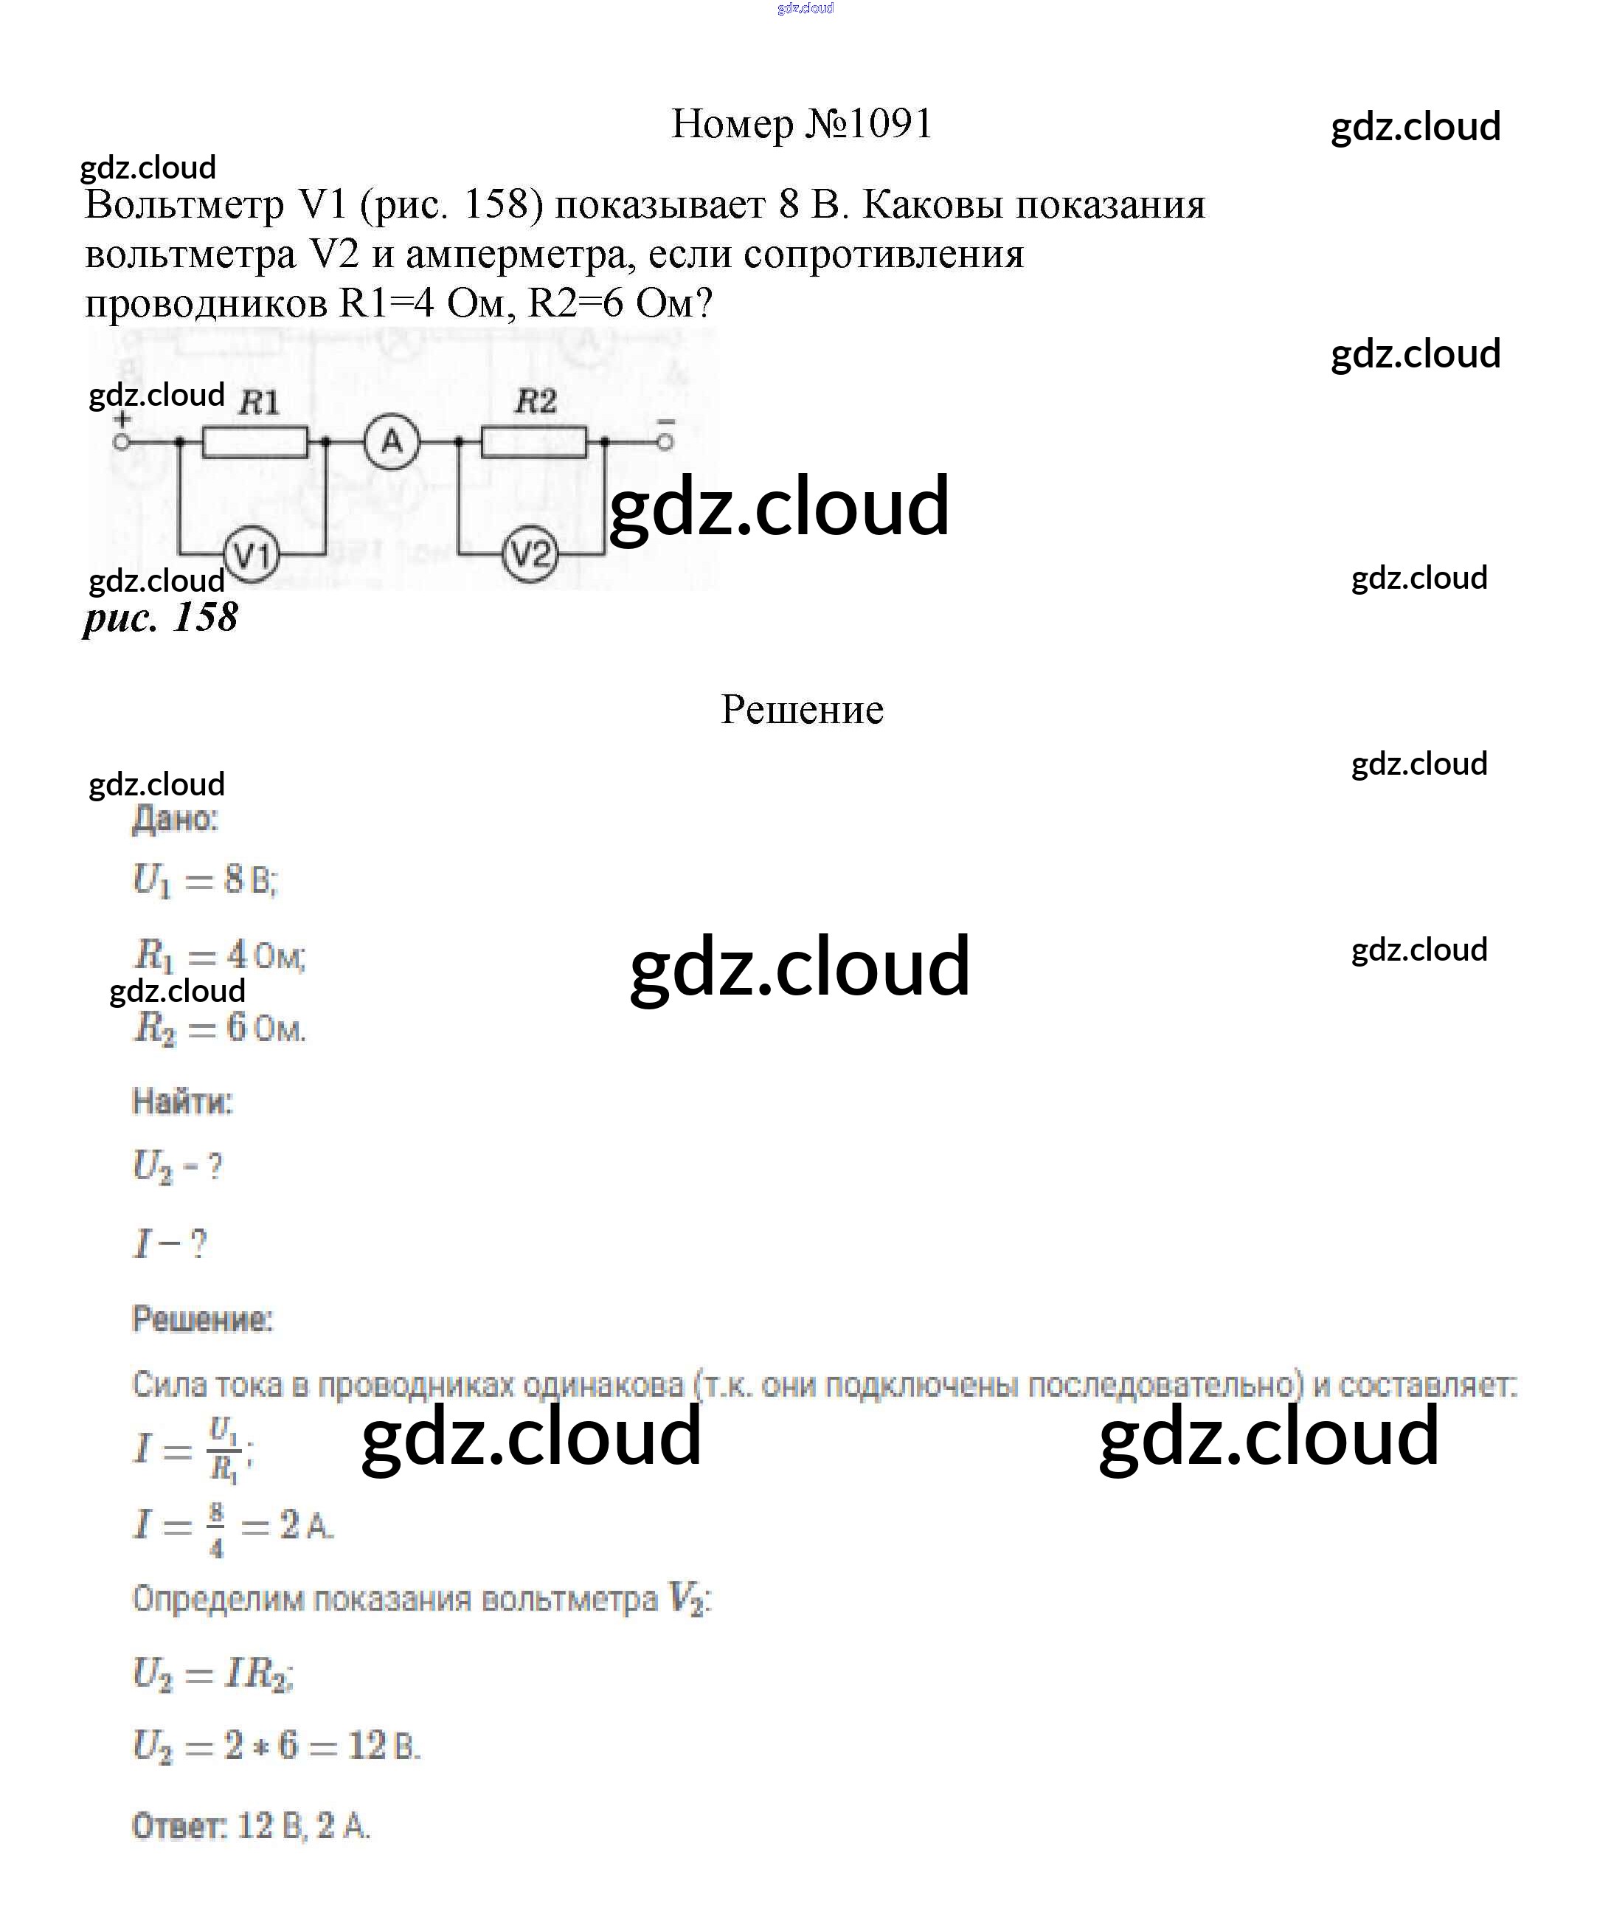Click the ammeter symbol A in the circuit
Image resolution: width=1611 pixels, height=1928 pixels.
pyautogui.click(x=392, y=443)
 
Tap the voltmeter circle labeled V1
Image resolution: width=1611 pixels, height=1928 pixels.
pyautogui.click(x=252, y=556)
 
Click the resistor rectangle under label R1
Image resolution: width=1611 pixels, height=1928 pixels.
pyautogui.click(x=255, y=443)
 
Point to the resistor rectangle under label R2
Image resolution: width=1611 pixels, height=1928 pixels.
pyautogui.click(x=534, y=443)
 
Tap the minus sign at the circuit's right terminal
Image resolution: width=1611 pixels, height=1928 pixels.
pyautogui.click(x=665, y=421)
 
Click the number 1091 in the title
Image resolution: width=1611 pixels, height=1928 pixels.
pyautogui.click(x=890, y=124)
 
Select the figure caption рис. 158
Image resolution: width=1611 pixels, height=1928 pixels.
pyautogui.click(x=161, y=617)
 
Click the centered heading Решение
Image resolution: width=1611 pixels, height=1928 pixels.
pyautogui.click(x=801, y=710)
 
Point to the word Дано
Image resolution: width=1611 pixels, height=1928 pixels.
pyautogui.click(x=174, y=819)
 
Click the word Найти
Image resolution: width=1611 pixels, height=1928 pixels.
pyautogui.click(x=181, y=1102)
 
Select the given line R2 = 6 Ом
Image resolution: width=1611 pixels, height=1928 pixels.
pyautogui.click(x=219, y=1029)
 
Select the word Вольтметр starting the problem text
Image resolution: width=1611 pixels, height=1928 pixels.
pyautogui.click(x=184, y=204)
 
